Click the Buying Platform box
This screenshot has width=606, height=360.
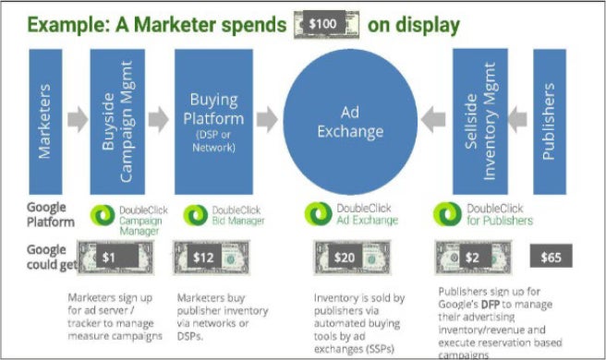pos(214,119)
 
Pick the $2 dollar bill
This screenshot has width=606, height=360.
pos(473,256)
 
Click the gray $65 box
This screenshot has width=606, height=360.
pos(551,256)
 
